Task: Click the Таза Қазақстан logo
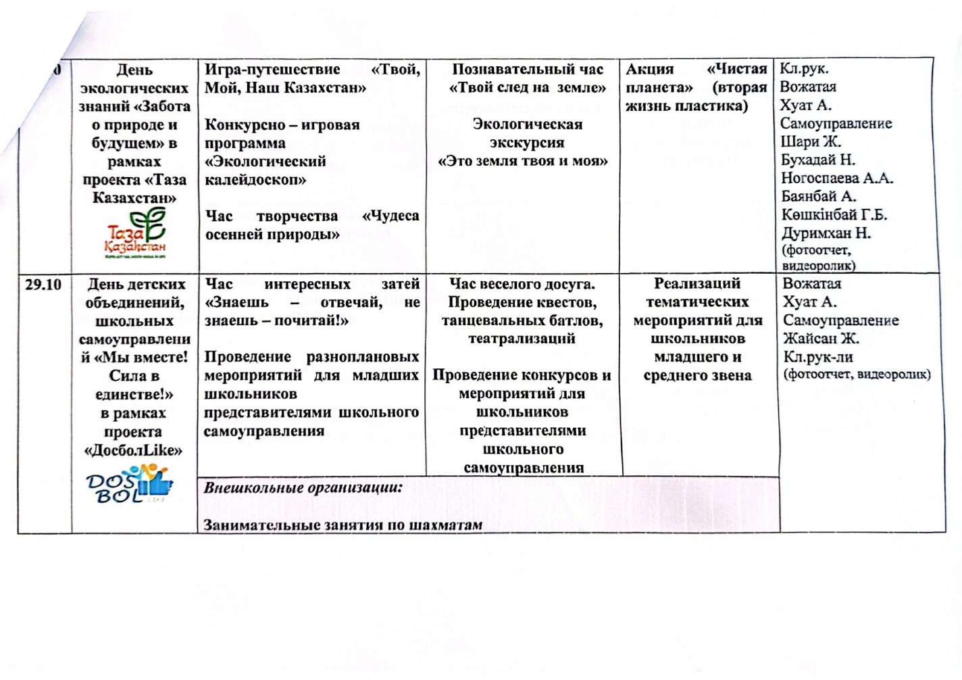136,233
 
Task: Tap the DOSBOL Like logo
130,485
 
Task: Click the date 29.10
43,285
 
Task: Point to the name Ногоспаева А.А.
837,178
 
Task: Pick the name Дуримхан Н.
826,233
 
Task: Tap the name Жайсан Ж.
821,339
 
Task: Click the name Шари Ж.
811,142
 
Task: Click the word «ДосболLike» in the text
134,450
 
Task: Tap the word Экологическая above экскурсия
528,124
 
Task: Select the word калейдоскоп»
255,180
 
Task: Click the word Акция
650,69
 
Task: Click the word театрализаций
522,339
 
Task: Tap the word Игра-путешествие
272,69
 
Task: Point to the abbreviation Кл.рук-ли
818,357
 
